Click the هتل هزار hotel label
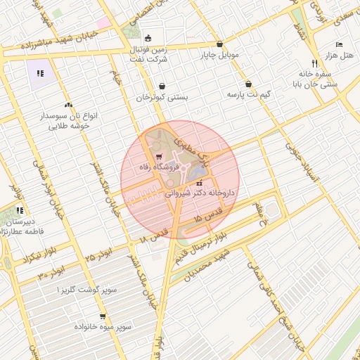pos(345,56)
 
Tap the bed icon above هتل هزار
pos(340,44)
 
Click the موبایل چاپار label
pos(220,54)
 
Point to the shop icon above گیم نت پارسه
pos(249,84)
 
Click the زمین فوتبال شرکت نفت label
pos(148,56)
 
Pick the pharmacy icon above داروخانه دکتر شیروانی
pos(199,184)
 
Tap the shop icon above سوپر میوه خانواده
pos(103,316)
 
